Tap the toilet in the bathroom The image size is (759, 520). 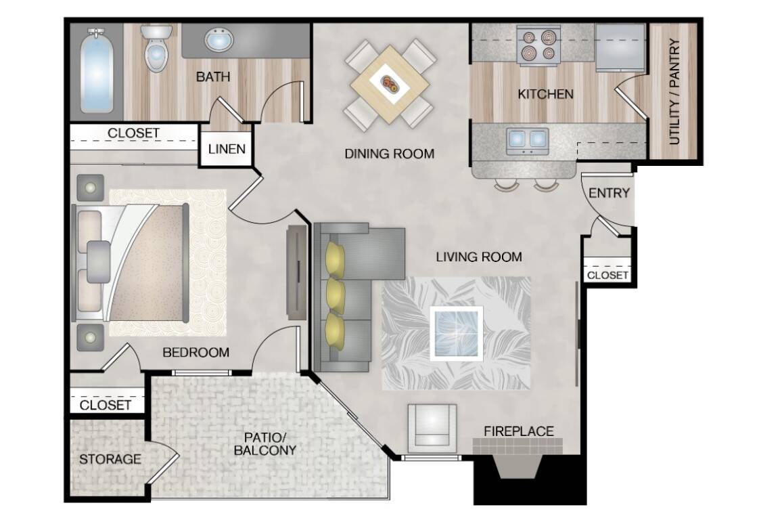(156, 48)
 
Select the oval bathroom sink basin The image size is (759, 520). (218, 39)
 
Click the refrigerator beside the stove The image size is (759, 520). (620, 47)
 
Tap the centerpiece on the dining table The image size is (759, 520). (390, 85)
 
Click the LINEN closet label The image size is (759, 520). (227, 149)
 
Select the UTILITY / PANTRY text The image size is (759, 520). (674, 91)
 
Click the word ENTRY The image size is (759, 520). (609, 193)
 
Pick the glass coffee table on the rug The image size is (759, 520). (457, 333)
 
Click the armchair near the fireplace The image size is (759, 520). (432, 425)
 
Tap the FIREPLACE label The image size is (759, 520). (519, 431)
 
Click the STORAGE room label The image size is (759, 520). (110, 459)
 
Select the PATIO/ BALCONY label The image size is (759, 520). (264, 443)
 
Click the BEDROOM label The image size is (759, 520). (195, 352)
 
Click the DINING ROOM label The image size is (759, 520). (389, 154)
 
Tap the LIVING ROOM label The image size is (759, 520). (479, 257)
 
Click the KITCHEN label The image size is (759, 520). (545, 93)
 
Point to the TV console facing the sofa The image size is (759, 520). (296, 272)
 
